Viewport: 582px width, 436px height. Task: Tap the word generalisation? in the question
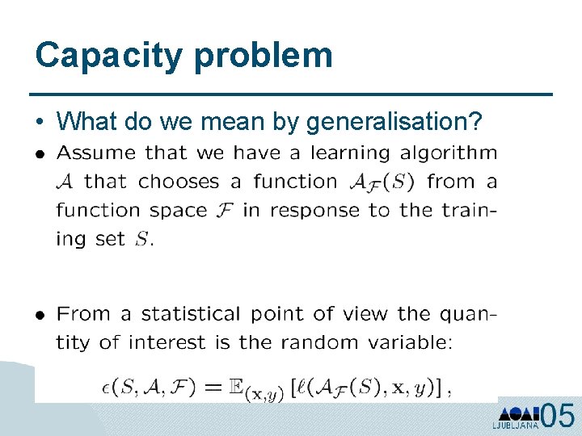(394, 122)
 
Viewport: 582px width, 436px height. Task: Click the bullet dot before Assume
(39, 153)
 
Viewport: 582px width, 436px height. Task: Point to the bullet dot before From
(39, 315)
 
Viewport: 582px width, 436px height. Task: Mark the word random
(318, 342)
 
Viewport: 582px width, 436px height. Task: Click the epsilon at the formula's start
(103, 388)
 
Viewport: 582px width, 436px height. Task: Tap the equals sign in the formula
(213, 388)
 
